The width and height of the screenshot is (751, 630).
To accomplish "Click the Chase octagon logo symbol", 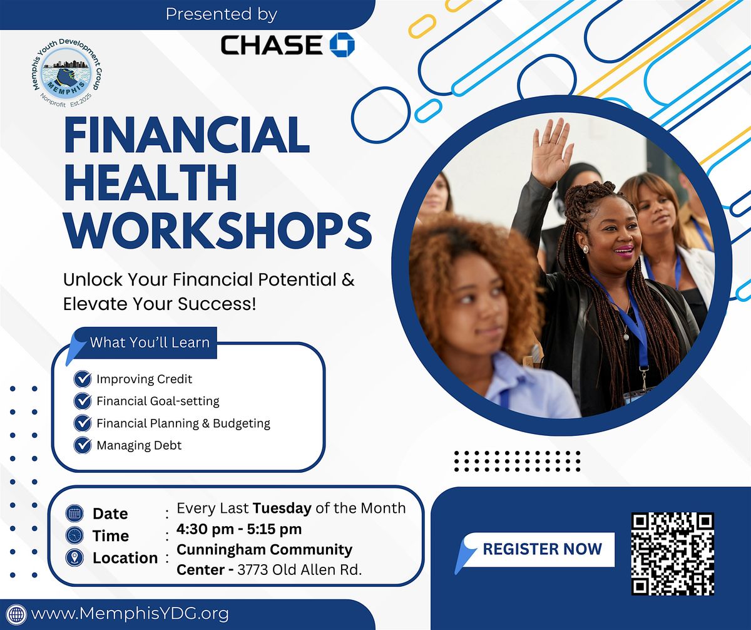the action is pyautogui.click(x=342, y=45).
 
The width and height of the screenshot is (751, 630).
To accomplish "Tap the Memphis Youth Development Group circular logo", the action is pyautogui.click(x=66, y=73).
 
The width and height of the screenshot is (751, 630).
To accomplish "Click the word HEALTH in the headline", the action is pyautogui.click(x=150, y=182).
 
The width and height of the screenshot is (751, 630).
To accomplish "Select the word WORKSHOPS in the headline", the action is pyautogui.click(x=218, y=230).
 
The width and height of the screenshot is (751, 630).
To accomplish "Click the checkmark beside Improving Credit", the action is pyautogui.click(x=83, y=379).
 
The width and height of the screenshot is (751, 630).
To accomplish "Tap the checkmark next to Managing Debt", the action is pyautogui.click(x=83, y=445).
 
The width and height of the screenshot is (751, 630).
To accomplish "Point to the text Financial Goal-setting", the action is pyautogui.click(x=158, y=401).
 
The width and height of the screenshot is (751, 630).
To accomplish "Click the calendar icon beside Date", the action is pyautogui.click(x=74, y=513).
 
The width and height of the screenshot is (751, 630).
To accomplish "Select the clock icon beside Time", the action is pyautogui.click(x=74, y=535).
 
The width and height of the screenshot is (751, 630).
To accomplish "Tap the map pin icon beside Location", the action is pyautogui.click(x=74, y=557).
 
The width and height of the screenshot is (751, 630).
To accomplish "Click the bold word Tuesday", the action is pyautogui.click(x=282, y=509).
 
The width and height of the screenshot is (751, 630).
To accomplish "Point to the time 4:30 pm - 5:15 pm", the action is pyautogui.click(x=239, y=529).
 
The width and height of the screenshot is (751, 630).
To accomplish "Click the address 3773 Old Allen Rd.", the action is pyautogui.click(x=299, y=570).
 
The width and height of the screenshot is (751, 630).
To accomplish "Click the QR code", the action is pyautogui.click(x=673, y=554).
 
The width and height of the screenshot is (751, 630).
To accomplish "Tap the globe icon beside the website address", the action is pyautogui.click(x=16, y=614).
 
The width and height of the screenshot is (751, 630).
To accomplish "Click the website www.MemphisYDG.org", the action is pyautogui.click(x=130, y=614).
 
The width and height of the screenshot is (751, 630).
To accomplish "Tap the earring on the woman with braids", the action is pyautogui.click(x=586, y=249).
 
